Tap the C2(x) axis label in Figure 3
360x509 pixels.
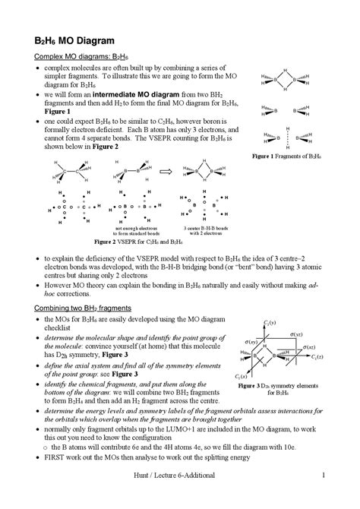(x=244, y=375)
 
